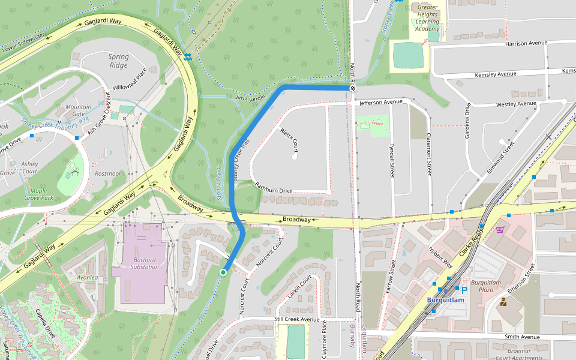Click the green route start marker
click(x=223, y=272)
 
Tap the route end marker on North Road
click(x=353, y=88)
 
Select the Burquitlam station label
click(x=446, y=300)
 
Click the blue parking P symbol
click(x=464, y=290)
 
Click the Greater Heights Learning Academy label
click(x=427, y=17)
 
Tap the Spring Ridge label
click(x=118, y=61)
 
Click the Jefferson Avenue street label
click(x=380, y=103)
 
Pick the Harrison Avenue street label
click(x=527, y=43)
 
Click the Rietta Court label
click(x=289, y=140)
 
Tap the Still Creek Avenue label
click(x=297, y=319)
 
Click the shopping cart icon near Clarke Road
click(x=500, y=229)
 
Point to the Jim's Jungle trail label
click(x=250, y=98)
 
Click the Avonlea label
click(x=87, y=278)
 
